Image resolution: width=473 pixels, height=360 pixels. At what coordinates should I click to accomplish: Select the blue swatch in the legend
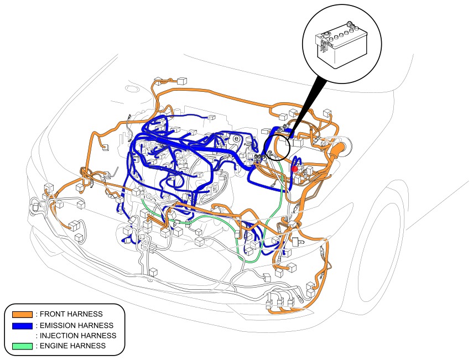click(22, 325)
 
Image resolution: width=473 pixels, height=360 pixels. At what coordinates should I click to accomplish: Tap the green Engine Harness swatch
click(22, 346)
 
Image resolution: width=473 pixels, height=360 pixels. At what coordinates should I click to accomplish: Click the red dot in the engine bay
click(294, 169)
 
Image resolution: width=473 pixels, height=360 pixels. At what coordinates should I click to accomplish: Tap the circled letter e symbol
click(236, 138)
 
